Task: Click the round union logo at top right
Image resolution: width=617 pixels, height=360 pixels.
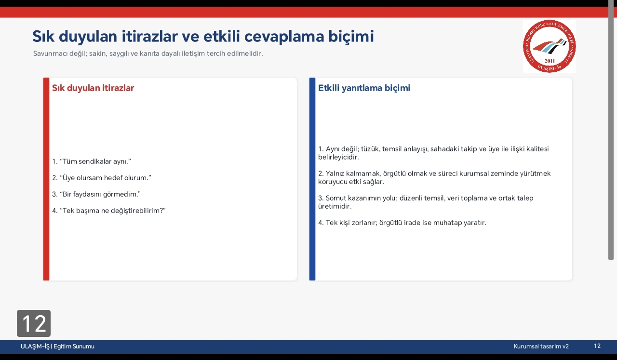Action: (x=549, y=46)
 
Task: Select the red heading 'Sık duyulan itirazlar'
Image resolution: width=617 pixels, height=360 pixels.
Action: (x=93, y=88)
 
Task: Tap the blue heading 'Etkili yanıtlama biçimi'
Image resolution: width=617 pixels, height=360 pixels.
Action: (x=364, y=88)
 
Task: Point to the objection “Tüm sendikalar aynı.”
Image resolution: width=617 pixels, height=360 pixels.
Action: (x=92, y=161)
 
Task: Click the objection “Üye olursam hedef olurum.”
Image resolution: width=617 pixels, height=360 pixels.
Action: (x=102, y=178)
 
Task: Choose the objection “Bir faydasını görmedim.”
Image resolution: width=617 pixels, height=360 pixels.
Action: (x=96, y=194)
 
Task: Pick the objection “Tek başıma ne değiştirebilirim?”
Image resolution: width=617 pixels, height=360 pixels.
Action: (x=109, y=211)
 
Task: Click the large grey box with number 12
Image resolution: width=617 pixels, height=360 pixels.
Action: (x=34, y=323)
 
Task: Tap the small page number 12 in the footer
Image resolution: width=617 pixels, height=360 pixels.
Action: (x=597, y=346)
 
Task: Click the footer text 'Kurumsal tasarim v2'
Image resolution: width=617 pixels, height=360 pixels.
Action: (x=541, y=346)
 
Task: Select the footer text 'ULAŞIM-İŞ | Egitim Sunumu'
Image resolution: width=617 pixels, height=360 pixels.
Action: (x=57, y=346)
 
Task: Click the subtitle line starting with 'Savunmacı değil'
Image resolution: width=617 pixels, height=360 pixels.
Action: (x=148, y=53)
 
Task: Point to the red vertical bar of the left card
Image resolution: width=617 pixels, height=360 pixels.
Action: (x=46, y=179)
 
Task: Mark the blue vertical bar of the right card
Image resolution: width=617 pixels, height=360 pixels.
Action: (x=312, y=179)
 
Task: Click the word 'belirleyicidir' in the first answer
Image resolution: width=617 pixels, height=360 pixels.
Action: (x=338, y=157)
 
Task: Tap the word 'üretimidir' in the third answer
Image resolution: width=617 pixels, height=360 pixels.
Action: (x=334, y=206)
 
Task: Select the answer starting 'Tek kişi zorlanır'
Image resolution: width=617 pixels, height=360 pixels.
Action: (x=402, y=223)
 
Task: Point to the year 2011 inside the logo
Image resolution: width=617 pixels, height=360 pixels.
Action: (x=550, y=61)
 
